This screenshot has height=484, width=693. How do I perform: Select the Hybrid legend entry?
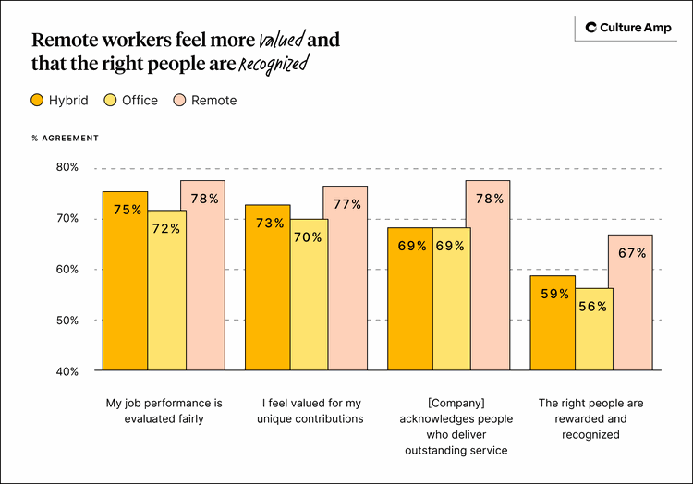60,100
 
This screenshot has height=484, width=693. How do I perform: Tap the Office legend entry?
131,100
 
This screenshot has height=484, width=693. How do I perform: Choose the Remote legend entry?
205,100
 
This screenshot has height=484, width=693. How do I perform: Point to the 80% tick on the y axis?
67,167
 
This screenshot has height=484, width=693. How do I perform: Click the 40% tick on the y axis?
67,371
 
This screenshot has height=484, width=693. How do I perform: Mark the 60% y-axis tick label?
67,270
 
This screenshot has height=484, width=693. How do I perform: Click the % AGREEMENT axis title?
65,138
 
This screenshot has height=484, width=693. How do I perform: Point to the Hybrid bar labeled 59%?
553,323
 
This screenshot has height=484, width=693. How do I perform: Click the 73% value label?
270,223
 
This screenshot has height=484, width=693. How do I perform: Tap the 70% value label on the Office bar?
309,237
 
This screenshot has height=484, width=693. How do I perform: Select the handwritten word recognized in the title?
274,65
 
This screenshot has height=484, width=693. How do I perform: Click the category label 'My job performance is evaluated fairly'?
164,411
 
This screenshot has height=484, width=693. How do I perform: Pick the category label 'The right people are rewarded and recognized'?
591,418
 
